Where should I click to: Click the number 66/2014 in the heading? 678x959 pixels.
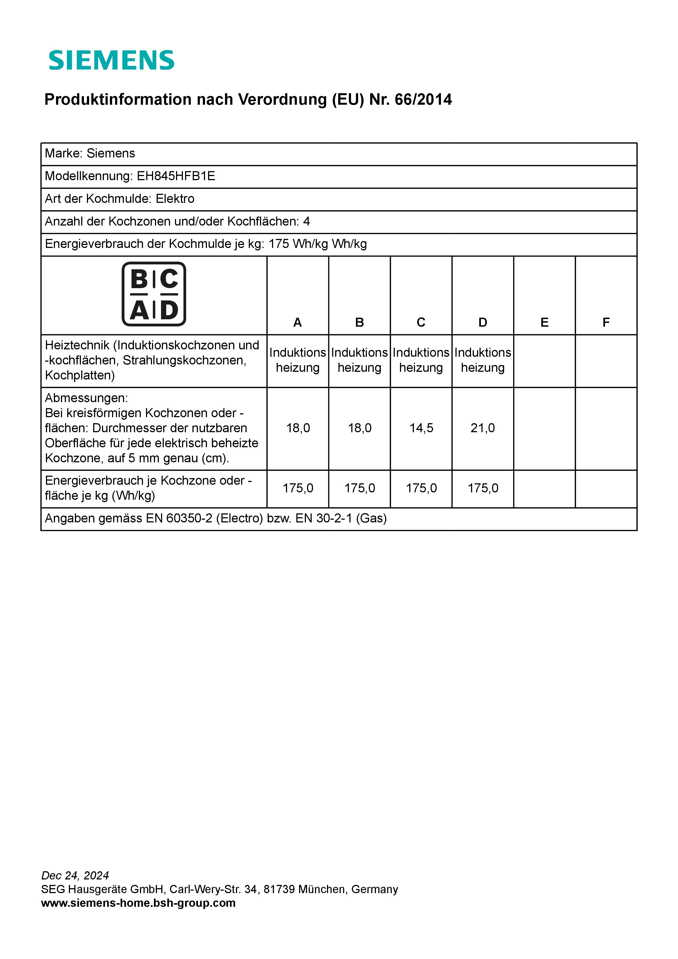click(423, 100)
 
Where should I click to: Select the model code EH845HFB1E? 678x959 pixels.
click(176, 176)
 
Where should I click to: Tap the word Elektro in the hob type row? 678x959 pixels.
click(175, 198)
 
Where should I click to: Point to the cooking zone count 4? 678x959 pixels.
click(306, 221)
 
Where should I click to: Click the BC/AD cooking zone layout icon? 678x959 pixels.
click(154, 294)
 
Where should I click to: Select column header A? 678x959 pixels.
click(297, 323)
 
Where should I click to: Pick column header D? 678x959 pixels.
click(483, 323)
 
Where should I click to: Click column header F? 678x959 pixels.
click(606, 323)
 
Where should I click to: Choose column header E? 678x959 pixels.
click(544, 323)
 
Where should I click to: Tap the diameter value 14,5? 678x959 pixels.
click(421, 428)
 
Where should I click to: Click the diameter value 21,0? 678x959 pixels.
click(483, 428)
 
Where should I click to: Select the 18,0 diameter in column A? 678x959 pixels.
click(298, 428)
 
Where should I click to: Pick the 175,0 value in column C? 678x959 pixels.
click(421, 488)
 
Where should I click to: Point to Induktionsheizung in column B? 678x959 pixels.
click(359, 360)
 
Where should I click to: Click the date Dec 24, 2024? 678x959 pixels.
click(75, 875)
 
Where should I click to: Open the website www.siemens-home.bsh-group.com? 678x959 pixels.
click(138, 903)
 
